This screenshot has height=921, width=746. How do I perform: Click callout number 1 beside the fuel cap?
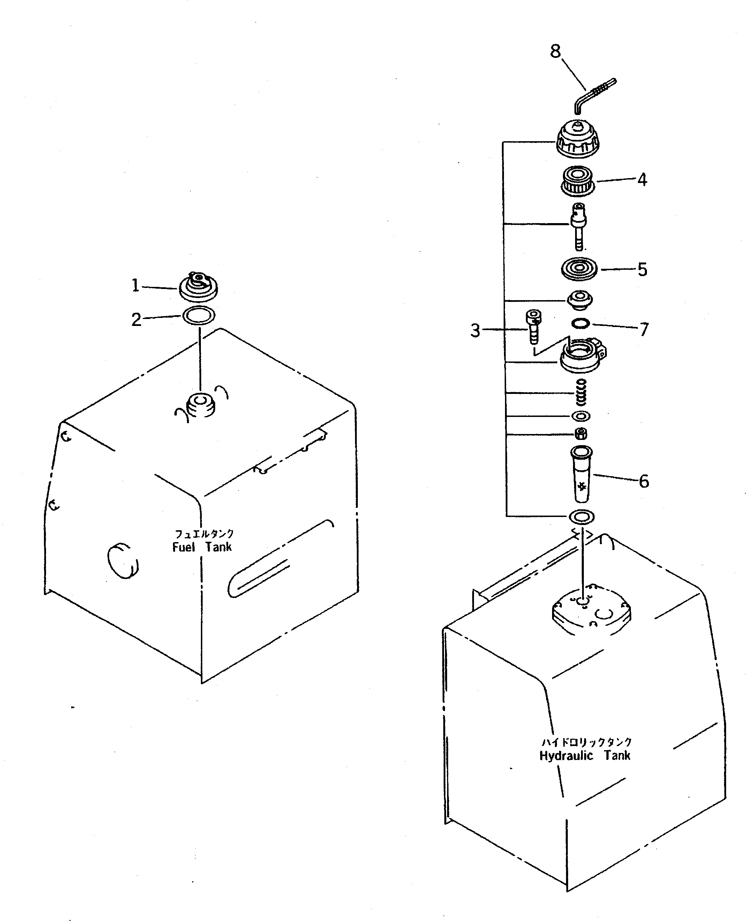(x=135, y=285)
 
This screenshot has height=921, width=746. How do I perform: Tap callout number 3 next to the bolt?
(x=475, y=330)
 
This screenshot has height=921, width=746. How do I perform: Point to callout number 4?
(x=642, y=180)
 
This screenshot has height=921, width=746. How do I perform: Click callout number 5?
(x=642, y=270)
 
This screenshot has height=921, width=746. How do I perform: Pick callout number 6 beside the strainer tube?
(x=643, y=481)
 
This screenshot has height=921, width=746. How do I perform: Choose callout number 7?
(x=644, y=329)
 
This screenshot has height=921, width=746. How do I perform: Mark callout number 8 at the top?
(x=555, y=52)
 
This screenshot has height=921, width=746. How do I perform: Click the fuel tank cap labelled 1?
(x=198, y=287)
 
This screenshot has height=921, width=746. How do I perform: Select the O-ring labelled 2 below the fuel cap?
(x=199, y=316)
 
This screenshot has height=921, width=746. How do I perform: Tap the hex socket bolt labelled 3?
(x=533, y=327)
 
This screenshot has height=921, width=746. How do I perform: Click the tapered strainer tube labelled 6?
(x=581, y=475)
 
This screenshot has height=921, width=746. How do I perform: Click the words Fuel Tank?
(x=202, y=547)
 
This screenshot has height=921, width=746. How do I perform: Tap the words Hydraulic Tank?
(x=585, y=756)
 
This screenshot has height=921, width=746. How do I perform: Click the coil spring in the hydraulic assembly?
(x=581, y=392)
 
